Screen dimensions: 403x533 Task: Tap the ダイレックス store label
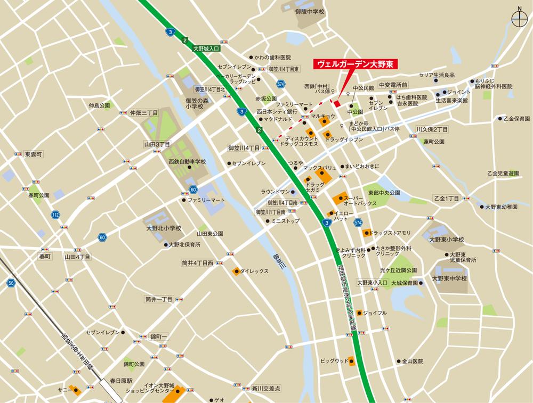254,272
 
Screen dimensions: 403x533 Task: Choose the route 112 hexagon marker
55,215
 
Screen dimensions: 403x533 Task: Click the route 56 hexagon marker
11,284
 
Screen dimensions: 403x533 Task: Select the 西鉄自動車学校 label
187,161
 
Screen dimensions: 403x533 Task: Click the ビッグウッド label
334,361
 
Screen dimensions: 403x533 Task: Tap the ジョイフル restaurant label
375,312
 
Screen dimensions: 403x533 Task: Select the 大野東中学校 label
449,278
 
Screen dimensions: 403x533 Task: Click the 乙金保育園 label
516,119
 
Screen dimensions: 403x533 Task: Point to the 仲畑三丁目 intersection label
143,113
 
